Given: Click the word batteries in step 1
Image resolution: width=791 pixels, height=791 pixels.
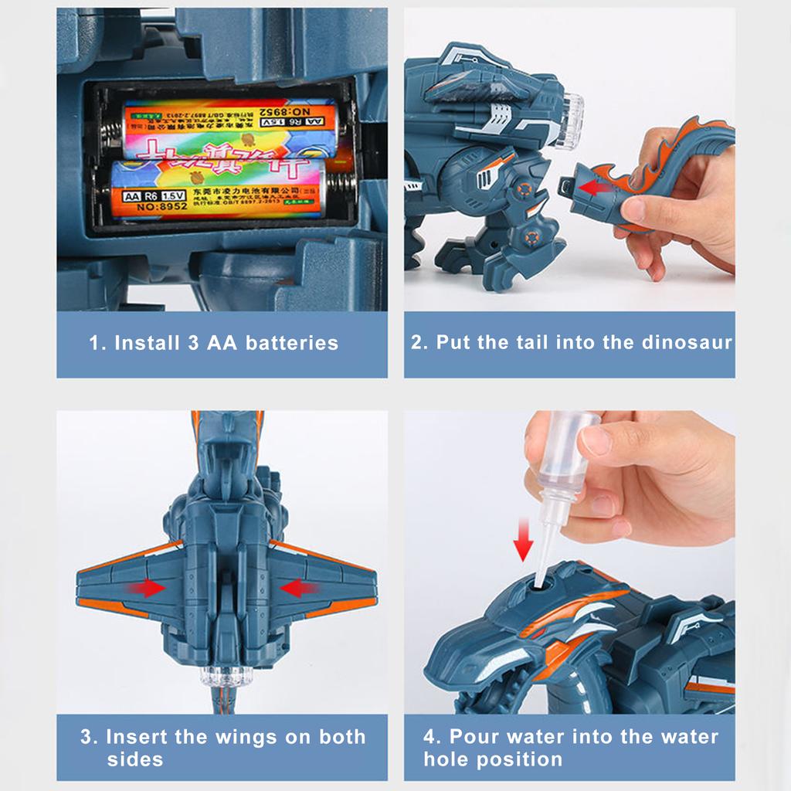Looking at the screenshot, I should click(x=292, y=343).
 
